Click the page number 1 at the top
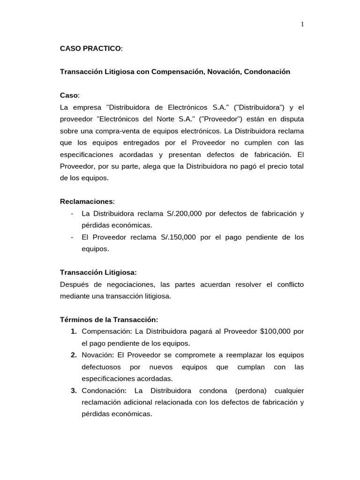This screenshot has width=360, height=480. coord(302,24)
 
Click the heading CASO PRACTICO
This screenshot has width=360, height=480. coord(90,48)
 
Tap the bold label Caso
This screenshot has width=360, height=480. coord(69,95)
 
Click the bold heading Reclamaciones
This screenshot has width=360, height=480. coord(87,201)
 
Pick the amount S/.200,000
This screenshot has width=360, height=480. coord(184,213)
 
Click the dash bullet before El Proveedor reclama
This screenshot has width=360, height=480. coord(71,237)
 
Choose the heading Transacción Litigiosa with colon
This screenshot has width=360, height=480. coord(98,272)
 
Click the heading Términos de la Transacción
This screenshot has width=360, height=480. coord(109,320)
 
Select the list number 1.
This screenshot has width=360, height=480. coord(74,331)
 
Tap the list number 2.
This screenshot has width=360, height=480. coord(74,355)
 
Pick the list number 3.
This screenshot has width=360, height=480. coord(74,390)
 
